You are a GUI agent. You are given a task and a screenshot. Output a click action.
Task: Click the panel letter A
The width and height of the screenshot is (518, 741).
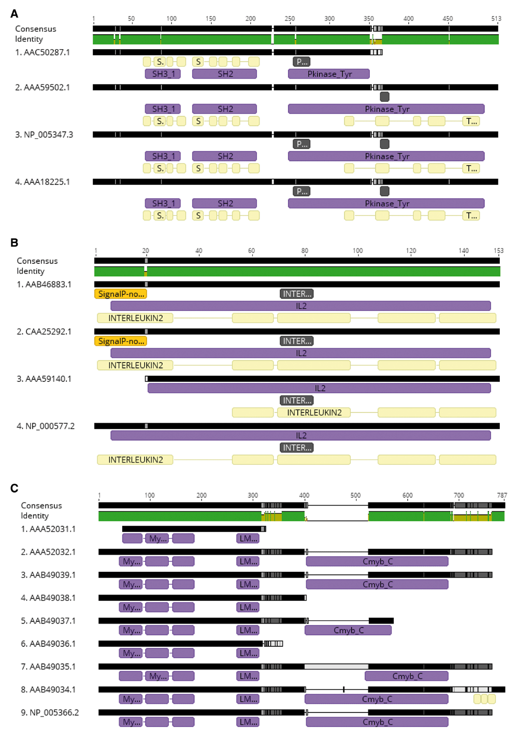click(14, 13)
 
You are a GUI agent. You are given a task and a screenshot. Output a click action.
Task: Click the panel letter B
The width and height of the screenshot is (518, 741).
click(14, 243)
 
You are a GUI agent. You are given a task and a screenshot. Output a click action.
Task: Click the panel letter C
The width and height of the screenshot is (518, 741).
click(14, 488)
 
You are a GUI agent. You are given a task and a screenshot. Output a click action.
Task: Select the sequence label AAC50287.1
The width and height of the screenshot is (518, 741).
click(42, 53)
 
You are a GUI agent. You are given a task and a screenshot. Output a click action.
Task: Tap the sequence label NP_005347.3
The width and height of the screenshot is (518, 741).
click(44, 135)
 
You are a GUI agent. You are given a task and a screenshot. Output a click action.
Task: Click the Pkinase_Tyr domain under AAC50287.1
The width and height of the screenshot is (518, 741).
click(329, 74)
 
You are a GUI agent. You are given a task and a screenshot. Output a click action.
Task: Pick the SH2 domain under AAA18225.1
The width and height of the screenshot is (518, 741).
click(225, 203)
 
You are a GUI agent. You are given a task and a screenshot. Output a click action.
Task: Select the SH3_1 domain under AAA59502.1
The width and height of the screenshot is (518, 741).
click(163, 109)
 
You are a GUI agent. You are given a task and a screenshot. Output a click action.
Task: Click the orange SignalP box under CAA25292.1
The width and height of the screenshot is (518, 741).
click(121, 341)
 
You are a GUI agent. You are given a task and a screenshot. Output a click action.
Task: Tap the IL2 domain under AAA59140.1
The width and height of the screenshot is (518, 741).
click(319, 389)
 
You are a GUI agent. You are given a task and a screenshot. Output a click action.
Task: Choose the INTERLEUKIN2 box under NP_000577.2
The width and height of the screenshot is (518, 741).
click(135, 460)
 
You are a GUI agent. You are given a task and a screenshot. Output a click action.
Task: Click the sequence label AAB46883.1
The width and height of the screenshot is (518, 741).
click(44, 285)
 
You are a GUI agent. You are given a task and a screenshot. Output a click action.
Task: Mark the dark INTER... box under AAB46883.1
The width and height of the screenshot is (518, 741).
click(296, 294)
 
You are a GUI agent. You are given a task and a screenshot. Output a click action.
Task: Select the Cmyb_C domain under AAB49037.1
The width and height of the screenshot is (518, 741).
click(348, 630)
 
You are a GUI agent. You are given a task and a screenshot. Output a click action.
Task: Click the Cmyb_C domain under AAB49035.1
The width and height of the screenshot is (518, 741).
click(407, 676)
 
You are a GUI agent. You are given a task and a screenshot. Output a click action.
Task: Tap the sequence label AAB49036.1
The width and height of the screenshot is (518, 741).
click(48, 644)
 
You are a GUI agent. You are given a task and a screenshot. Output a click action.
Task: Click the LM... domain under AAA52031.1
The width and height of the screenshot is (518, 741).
click(248, 539)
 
